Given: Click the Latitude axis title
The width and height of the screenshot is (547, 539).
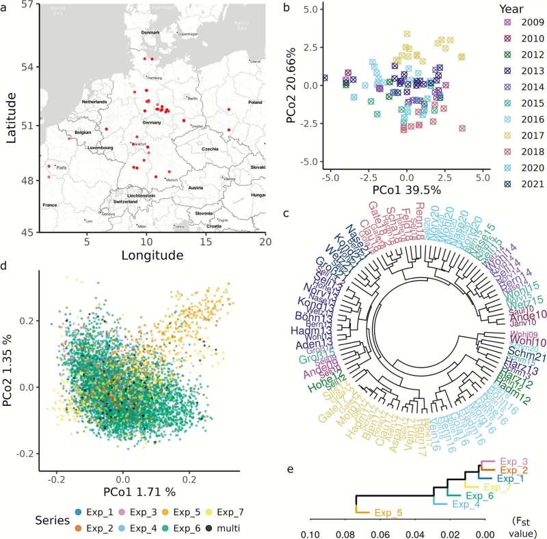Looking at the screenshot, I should [12, 118].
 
